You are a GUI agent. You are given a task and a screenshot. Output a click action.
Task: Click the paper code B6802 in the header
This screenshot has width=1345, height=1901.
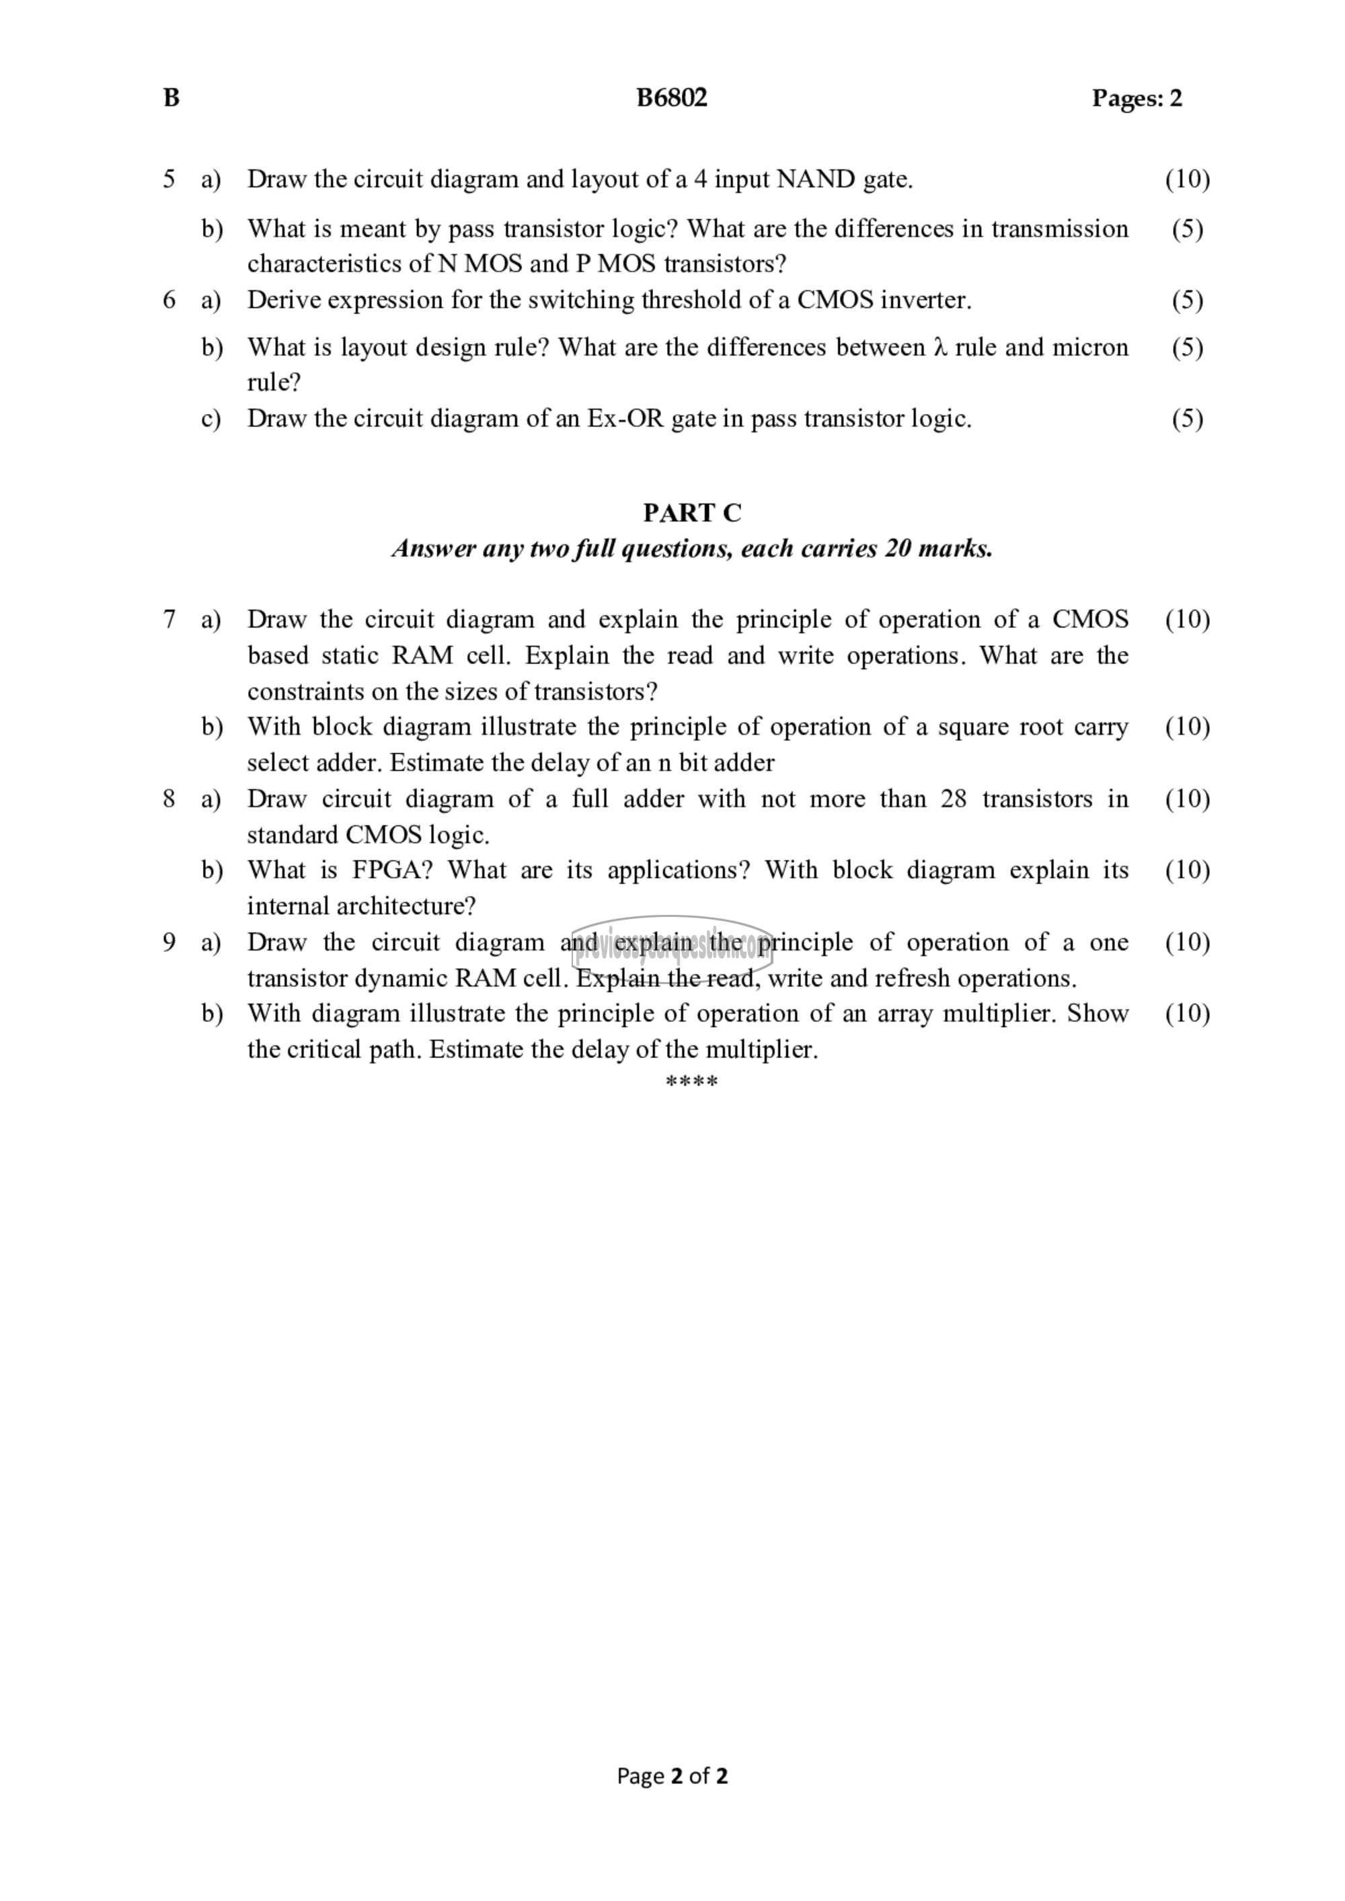coord(671,97)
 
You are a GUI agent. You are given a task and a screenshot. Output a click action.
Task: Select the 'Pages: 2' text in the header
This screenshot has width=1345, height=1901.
coord(1137,99)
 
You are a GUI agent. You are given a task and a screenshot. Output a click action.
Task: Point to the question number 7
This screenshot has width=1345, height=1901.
coord(169,619)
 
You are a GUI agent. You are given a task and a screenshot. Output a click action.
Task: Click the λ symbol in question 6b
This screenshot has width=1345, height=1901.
coord(939,348)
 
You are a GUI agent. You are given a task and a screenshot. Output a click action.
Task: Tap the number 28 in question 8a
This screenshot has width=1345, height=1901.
coord(953,799)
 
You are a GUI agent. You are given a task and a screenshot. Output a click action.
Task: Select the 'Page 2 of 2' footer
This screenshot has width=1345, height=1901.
coord(672,1775)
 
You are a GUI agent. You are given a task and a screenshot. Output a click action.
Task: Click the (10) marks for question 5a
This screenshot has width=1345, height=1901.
coord(1187,179)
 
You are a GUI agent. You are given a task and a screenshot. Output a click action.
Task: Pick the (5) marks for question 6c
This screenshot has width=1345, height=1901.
coord(1187,419)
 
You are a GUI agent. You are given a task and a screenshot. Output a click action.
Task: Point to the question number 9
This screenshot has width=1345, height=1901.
coord(169,942)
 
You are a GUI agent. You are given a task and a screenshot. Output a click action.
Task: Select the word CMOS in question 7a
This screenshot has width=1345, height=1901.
coord(1090,619)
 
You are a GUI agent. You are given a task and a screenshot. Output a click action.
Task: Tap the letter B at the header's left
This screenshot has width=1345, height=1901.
coord(171,97)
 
